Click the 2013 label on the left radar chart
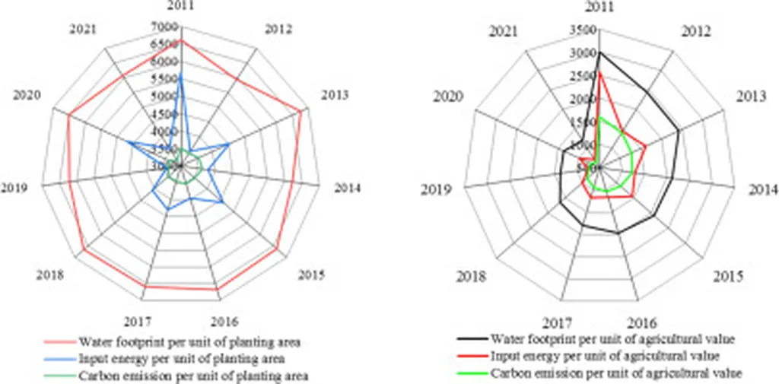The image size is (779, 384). tap(334, 94)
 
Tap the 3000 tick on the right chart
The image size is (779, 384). tap(583, 53)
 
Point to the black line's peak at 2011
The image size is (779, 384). tap(599, 52)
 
